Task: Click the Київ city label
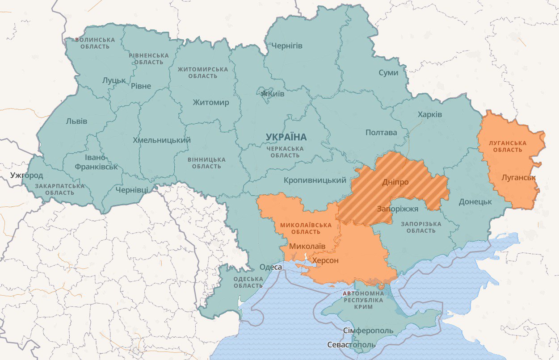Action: point(277,94)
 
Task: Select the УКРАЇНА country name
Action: point(286,137)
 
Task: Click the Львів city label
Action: point(76,121)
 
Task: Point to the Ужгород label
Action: point(27,175)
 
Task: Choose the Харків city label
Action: point(429,114)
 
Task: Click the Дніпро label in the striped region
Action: point(395,182)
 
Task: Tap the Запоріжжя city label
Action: point(397,209)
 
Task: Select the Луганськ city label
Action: point(518,178)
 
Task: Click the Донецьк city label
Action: point(475,201)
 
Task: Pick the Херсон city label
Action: point(325,260)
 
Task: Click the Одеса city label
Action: point(271,267)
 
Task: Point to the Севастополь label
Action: point(351,345)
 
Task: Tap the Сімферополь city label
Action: point(368,331)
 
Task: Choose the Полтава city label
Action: point(381,133)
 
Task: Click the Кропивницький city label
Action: point(315,180)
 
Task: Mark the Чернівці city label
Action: point(132,190)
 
